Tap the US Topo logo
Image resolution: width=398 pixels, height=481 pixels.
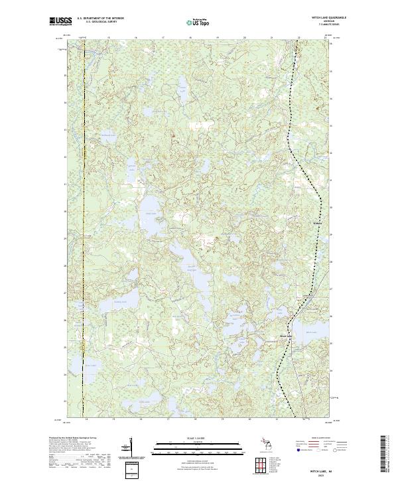199,22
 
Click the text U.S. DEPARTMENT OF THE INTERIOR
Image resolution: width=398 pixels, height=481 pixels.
100,18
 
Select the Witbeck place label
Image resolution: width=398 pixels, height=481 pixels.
316,223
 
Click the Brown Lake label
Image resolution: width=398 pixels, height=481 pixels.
90,366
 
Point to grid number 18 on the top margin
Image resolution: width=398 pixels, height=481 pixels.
190,38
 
